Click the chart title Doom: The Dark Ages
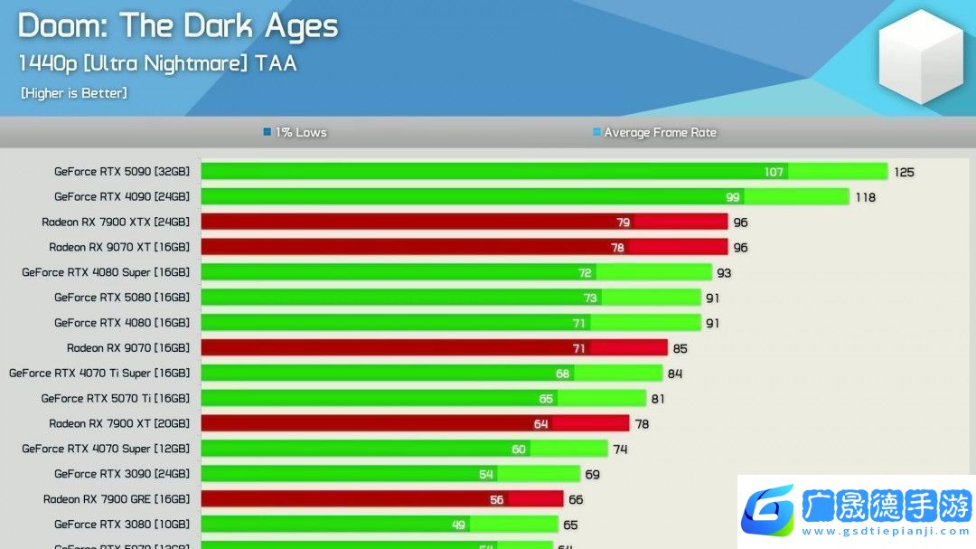[178, 26]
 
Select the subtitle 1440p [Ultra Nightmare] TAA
[157, 63]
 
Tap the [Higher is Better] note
[74, 92]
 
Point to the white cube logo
[921, 56]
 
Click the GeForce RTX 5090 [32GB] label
[122, 171]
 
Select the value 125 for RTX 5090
[904, 172]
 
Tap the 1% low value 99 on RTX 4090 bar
[732, 197]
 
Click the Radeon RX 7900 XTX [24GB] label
[116, 222]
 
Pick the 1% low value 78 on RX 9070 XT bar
[617, 247]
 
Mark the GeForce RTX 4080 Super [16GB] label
[106, 272]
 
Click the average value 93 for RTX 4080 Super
[724, 273]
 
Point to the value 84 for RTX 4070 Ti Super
[674, 374]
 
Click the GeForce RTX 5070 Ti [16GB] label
[116, 398]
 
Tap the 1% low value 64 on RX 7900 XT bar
[541, 423]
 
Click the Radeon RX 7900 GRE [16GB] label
[117, 499]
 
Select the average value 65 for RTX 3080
[570, 525]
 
